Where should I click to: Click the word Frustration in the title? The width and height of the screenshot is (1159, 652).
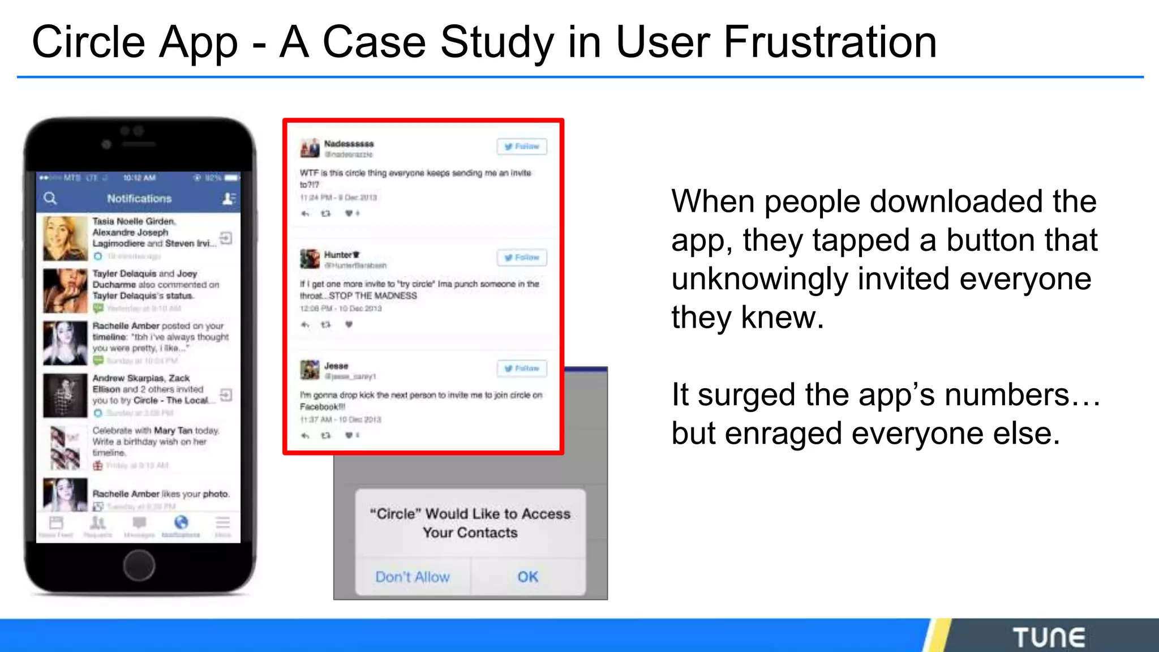click(830, 42)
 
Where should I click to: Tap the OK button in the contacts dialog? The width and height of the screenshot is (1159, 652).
click(527, 577)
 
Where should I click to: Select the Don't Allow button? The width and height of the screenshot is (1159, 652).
click(413, 577)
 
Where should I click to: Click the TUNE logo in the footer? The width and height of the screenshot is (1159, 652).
click(1049, 637)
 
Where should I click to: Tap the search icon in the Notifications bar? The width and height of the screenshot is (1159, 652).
click(50, 198)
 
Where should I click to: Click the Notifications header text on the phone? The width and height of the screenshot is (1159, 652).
click(139, 199)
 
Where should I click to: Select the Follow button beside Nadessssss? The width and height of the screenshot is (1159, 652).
click(522, 147)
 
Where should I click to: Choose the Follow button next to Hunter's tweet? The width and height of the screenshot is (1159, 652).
click(522, 258)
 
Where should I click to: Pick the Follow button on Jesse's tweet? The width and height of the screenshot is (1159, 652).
click(522, 368)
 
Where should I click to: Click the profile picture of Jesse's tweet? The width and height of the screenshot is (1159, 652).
click(310, 370)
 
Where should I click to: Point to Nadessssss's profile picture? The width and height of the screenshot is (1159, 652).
click(310, 148)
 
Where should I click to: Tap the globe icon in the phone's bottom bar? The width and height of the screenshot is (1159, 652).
click(181, 522)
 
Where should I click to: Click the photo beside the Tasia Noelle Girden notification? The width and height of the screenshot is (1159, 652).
click(65, 238)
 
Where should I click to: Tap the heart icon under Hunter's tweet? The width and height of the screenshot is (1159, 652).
click(349, 324)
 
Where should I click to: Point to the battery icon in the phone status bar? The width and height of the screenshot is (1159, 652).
click(232, 178)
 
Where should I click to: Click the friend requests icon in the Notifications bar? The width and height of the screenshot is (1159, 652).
click(229, 198)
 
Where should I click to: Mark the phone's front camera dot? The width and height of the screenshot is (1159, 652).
click(106, 144)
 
